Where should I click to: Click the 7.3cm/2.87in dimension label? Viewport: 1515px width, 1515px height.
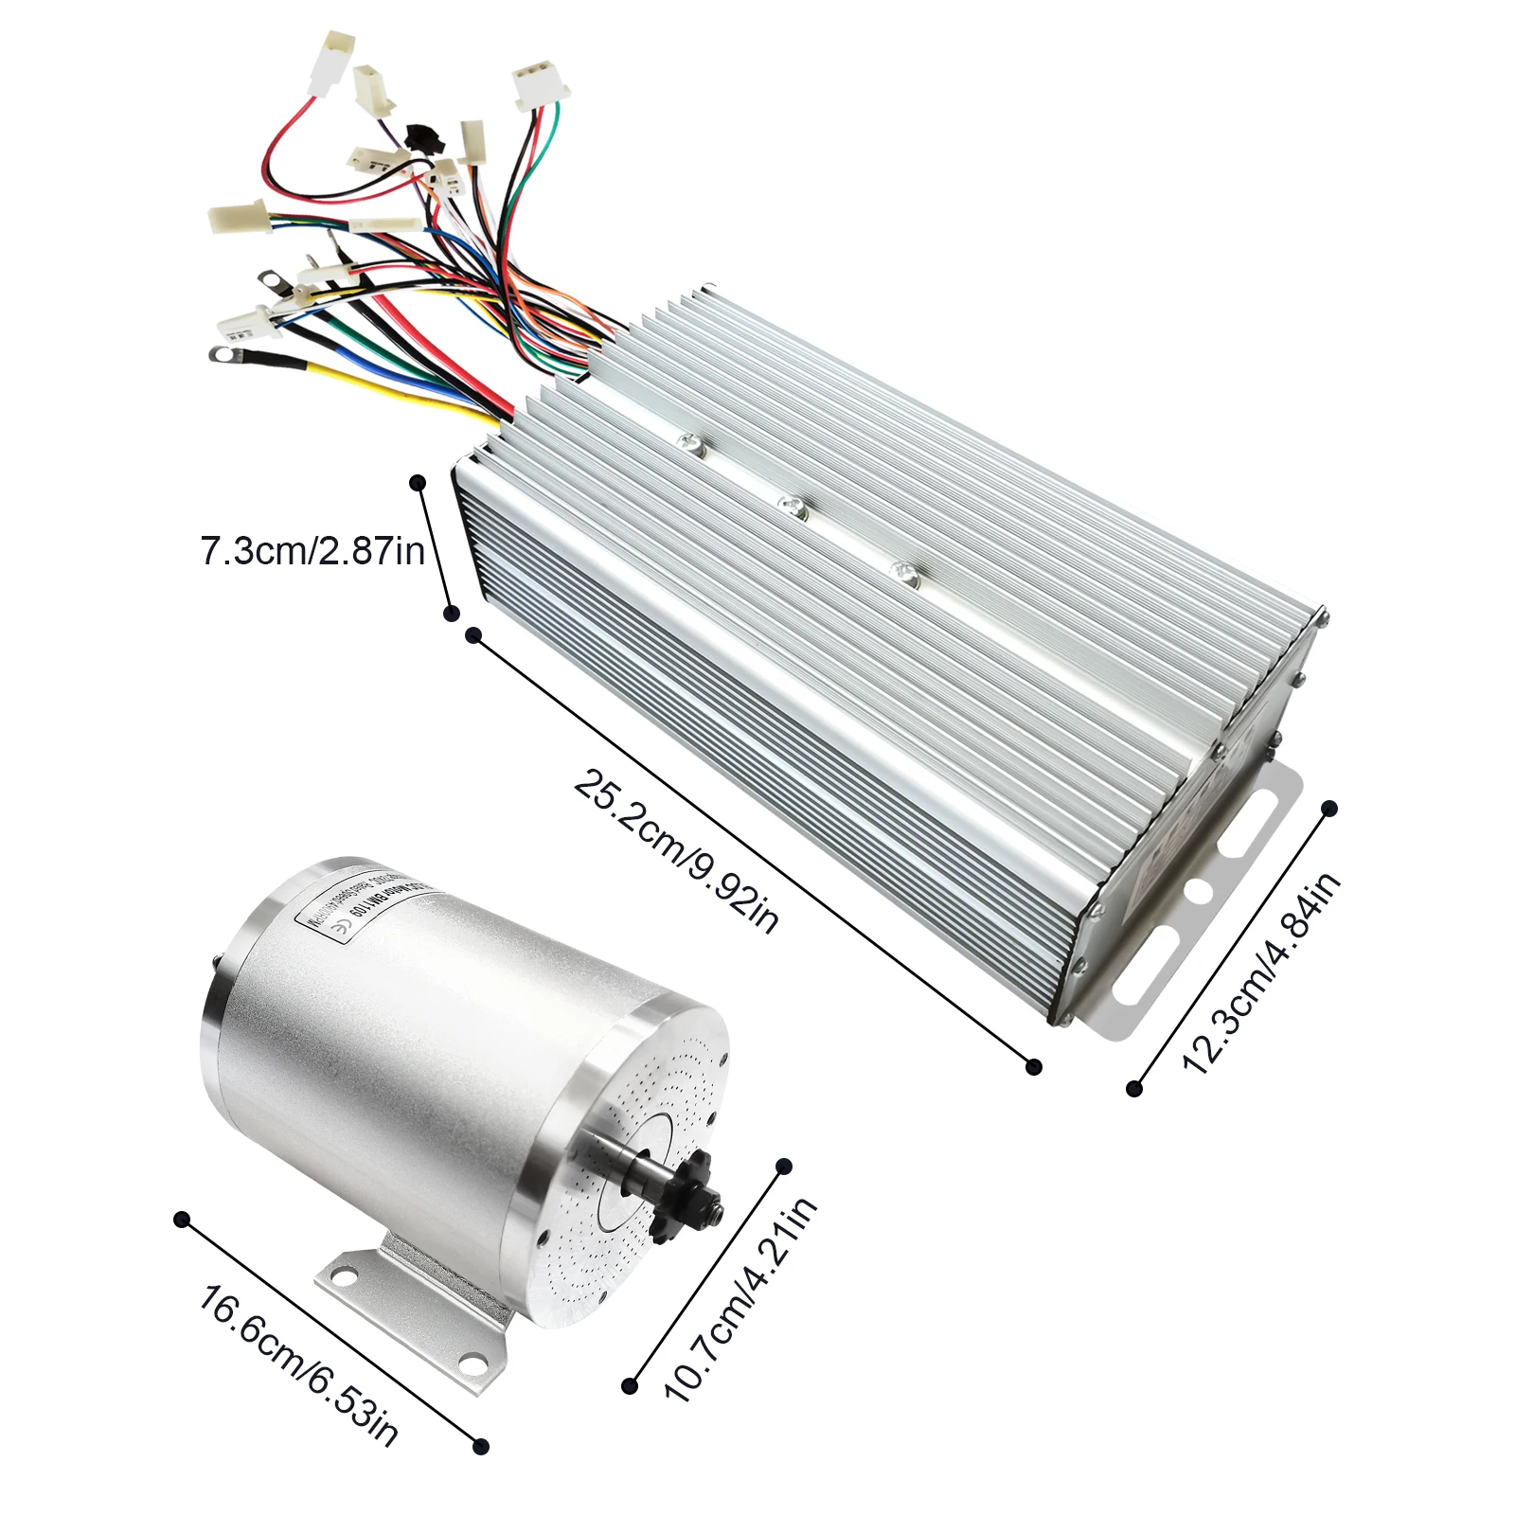coord(312,550)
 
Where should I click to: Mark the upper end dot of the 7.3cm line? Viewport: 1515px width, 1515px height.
coord(418,483)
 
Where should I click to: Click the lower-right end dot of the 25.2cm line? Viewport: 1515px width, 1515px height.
coord(1034,1066)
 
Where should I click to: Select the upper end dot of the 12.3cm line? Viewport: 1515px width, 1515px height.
coord(1328,808)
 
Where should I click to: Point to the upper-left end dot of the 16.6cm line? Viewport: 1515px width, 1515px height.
coord(182,1220)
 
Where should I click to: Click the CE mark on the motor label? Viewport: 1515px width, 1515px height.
coord(344,930)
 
